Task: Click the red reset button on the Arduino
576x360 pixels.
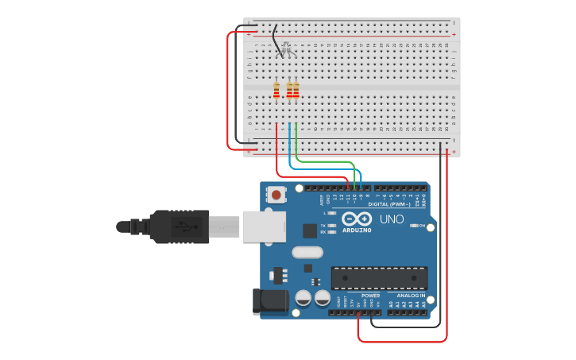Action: tap(276, 194)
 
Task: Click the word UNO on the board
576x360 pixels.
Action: tap(392, 219)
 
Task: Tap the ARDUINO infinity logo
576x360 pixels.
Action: tap(357, 219)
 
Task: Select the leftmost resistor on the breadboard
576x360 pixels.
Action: tap(276, 91)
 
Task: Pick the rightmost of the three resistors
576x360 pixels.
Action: tap(296, 91)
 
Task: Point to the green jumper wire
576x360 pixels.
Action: tap(326, 162)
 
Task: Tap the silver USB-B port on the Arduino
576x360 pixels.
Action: tap(263, 226)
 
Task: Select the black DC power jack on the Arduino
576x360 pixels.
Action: tap(270, 301)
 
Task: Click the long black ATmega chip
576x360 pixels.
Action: tap(379, 278)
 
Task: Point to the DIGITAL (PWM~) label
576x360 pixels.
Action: tap(389, 204)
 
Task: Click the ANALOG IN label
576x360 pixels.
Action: tap(411, 295)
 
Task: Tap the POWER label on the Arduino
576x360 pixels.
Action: tap(370, 295)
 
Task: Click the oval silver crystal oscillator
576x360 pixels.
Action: tap(308, 253)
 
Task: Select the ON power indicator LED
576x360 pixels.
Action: tap(413, 226)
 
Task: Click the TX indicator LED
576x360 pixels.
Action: tap(332, 225)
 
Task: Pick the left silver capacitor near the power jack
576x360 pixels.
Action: tap(303, 299)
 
